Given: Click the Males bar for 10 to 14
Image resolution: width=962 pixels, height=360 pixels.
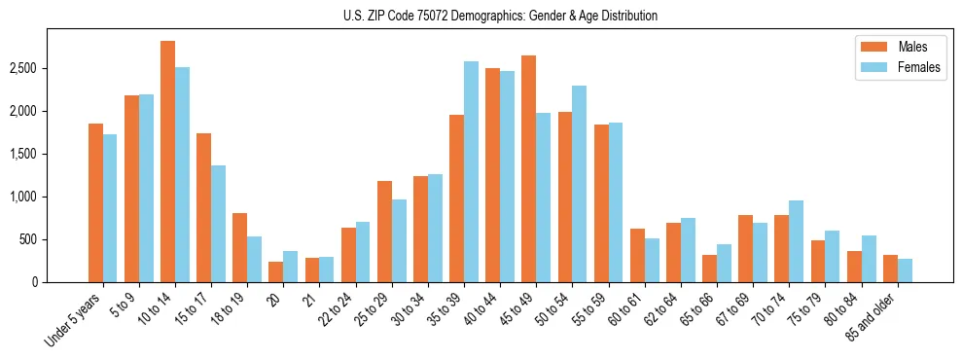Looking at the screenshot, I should [168, 162].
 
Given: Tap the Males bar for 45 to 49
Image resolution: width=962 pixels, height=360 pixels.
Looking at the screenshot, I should [528, 169].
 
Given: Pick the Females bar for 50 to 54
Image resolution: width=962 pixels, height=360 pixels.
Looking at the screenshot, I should [580, 184].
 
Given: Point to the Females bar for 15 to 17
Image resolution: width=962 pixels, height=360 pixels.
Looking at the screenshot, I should [218, 224].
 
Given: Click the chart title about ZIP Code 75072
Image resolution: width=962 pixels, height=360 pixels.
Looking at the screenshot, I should [500, 16].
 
